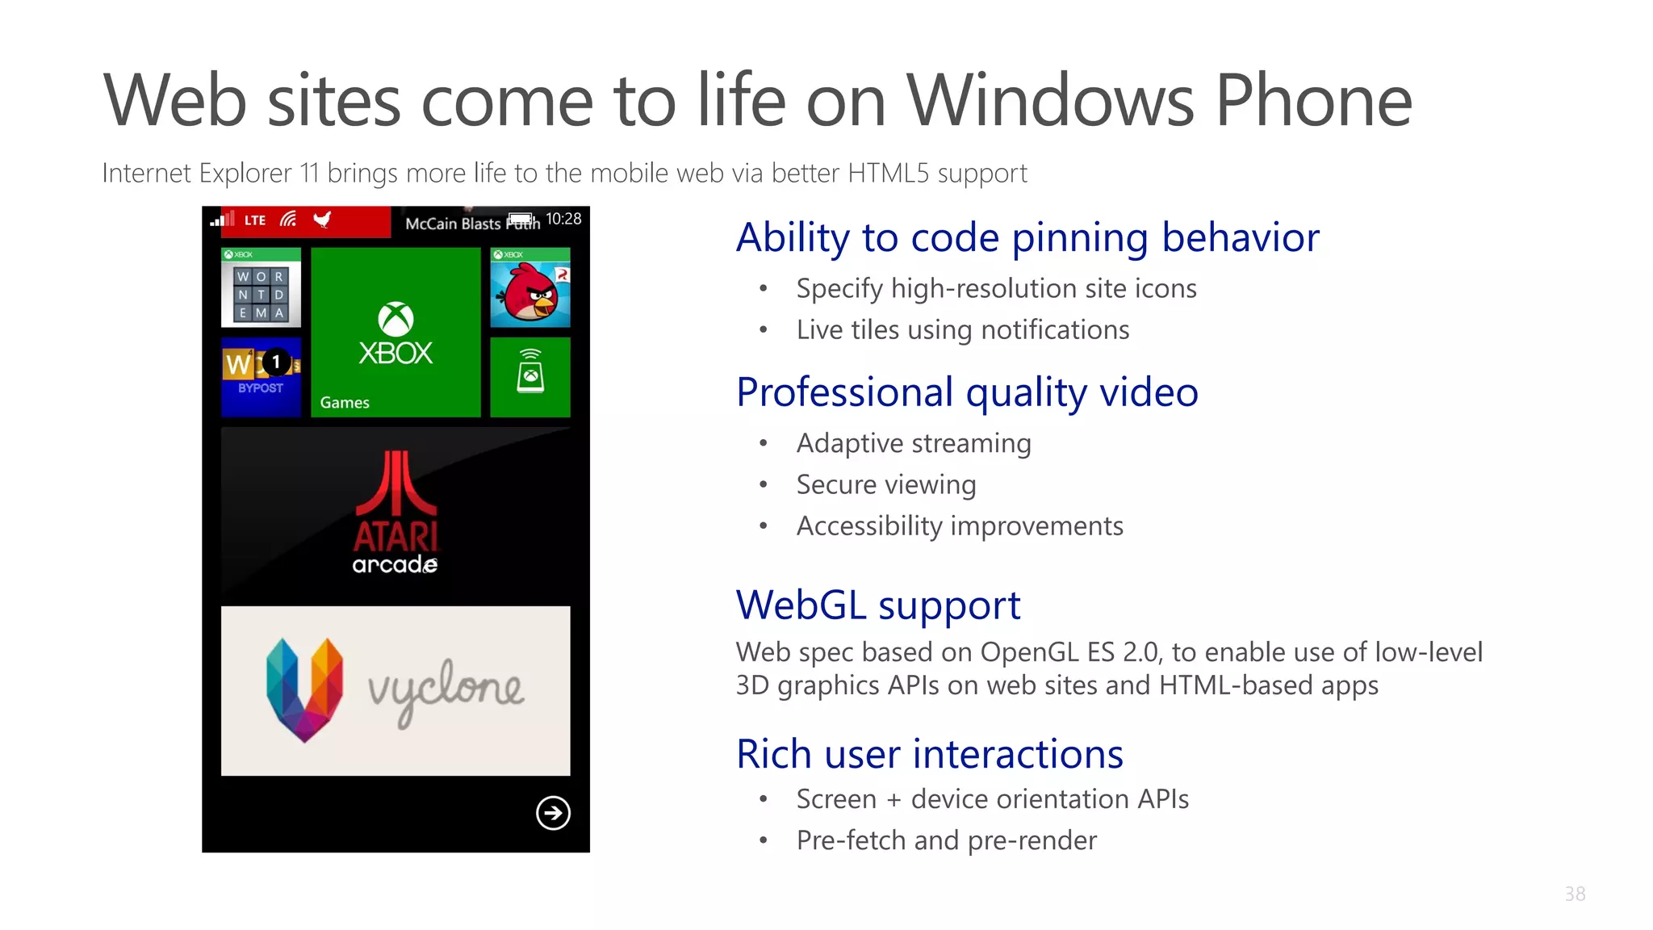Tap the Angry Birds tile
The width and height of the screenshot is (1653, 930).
pos(530,288)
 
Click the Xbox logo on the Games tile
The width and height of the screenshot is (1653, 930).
pos(395,320)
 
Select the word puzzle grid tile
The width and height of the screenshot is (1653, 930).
pos(261,288)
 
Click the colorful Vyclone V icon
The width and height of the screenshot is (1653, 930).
pos(304,689)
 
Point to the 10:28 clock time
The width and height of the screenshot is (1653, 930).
pos(563,219)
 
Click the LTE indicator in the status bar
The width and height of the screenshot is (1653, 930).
pos(255,220)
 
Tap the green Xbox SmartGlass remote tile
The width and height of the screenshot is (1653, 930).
pos(530,377)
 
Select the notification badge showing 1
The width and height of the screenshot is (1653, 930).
pos(276,362)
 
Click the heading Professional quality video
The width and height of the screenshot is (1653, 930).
pos(967,393)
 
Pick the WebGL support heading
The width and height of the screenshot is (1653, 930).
pos(878,605)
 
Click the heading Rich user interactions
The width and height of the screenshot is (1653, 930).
pos(929,754)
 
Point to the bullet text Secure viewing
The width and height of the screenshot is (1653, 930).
pos(886,484)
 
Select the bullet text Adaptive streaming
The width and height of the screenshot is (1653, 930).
pos(914,443)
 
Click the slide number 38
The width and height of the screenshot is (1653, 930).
pos(1575,894)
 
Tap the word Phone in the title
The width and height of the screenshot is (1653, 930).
pos(1313,101)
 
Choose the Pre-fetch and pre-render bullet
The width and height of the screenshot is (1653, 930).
pos(946,840)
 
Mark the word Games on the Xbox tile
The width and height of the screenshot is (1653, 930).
pos(345,402)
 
